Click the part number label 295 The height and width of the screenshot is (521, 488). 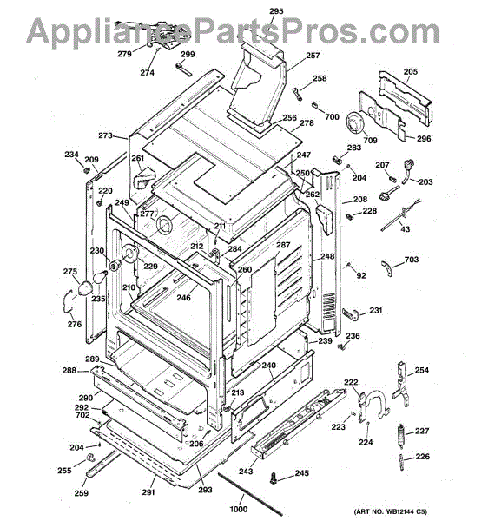276,11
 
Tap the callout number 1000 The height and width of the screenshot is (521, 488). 239,509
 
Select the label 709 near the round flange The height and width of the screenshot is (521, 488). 370,140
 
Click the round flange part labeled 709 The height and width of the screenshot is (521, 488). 355,124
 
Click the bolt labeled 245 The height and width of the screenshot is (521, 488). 274,478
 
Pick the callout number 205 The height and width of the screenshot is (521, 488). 411,71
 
